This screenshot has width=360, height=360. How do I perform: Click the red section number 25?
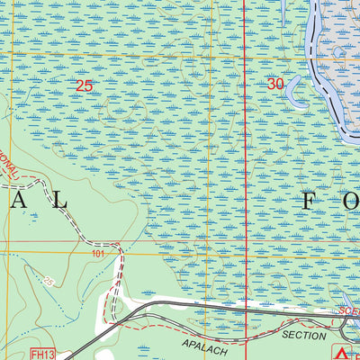pos(85,85)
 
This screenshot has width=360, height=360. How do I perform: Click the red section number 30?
pos(276,83)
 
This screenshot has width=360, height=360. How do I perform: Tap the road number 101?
pos(98,255)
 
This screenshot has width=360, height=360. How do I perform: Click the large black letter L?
pos(61,201)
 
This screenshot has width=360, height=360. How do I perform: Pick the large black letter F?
pos(309,201)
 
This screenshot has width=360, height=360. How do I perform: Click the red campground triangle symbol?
pos(340,352)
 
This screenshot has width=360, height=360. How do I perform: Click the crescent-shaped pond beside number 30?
pos(297,94)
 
